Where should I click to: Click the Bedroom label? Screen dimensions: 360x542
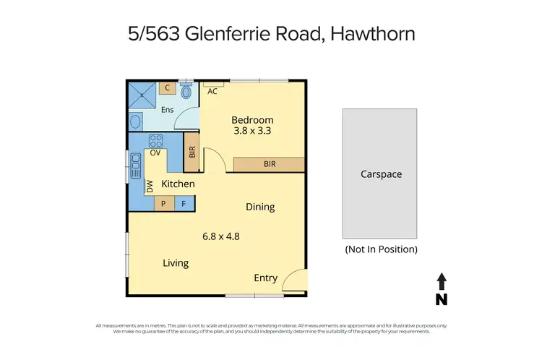point(252,119)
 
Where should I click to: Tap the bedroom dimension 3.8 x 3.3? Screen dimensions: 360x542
point(252,132)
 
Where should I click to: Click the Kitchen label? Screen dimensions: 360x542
point(178,184)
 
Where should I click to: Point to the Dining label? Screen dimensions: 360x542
point(260,207)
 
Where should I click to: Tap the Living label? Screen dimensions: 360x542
point(176,263)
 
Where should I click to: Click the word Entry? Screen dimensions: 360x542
point(265,278)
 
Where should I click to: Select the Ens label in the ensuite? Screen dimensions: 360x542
point(167,110)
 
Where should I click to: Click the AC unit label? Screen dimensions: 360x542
point(212,92)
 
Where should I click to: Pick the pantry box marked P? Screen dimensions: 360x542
point(164,204)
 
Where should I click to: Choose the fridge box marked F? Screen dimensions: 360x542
point(184,204)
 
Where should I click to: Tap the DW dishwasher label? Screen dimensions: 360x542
point(150,186)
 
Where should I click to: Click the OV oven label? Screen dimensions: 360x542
point(155,153)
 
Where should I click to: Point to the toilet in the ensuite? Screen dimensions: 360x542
point(186,91)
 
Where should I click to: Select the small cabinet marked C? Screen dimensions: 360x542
point(167,88)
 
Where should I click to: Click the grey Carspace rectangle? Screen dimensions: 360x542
point(379,173)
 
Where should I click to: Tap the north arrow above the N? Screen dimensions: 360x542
point(442,280)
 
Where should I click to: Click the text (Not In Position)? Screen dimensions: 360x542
point(381,249)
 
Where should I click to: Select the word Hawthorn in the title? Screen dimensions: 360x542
point(376,33)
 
